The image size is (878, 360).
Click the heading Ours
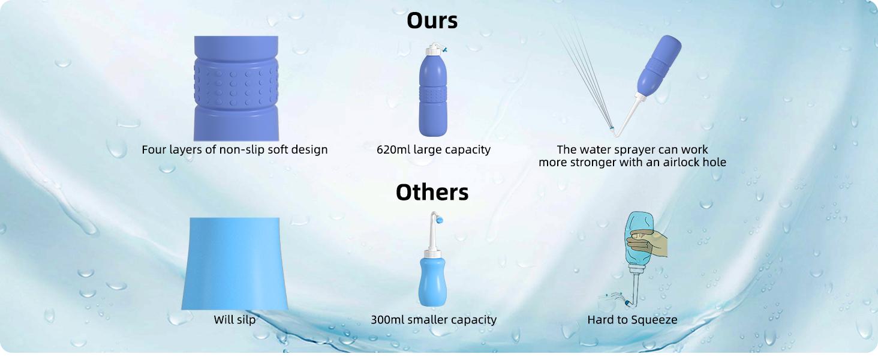point(432,20)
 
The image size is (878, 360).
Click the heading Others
point(432,192)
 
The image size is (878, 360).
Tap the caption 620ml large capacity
point(433,149)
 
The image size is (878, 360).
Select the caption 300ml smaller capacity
point(433,320)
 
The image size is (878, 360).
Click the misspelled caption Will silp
point(234,320)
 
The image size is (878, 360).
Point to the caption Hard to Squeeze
point(632,320)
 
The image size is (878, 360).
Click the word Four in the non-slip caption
point(154,149)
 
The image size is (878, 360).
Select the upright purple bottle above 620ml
point(432,96)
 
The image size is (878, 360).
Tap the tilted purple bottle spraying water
point(658,66)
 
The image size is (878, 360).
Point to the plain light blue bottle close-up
point(234,264)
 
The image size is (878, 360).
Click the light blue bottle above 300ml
point(432,279)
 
